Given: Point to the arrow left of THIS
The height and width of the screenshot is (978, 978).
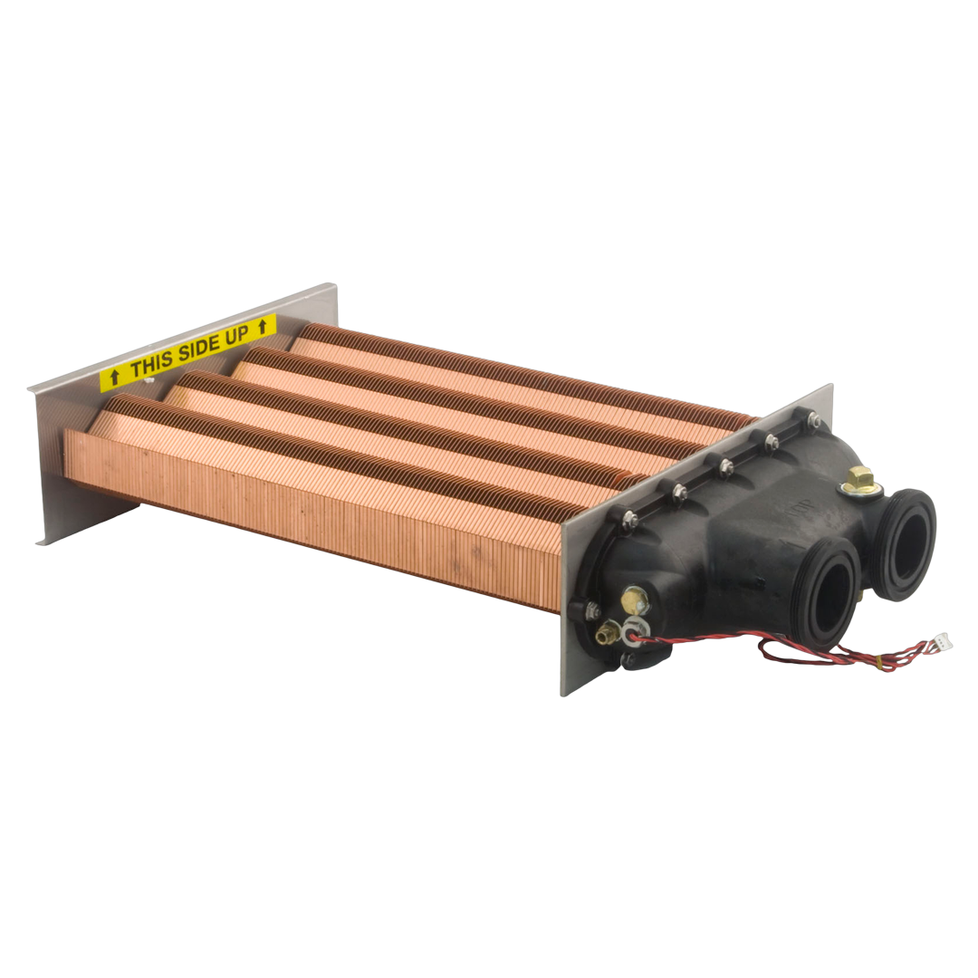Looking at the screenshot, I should (114, 378).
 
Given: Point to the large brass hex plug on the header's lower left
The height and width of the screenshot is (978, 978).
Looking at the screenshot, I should (635, 599).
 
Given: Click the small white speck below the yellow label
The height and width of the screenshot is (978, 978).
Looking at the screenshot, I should (150, 381).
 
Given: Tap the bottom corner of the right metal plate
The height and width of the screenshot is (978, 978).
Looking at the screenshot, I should (565, 693).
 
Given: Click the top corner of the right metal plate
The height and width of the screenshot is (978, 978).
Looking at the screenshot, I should (829, 387).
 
